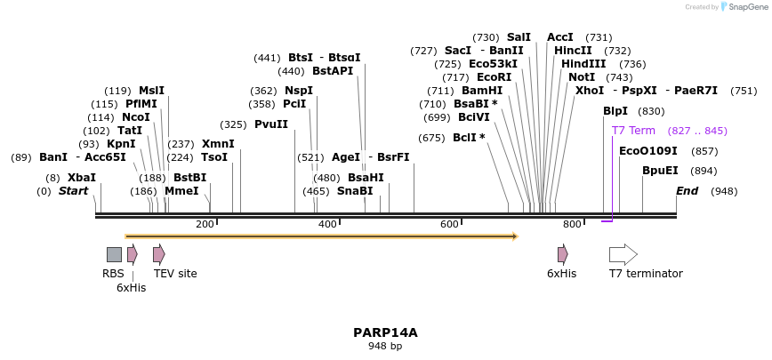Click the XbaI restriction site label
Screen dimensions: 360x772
[x=81, y=178]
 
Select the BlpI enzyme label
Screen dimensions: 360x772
[x=615, y=111]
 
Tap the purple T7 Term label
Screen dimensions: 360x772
[x=633, y=131]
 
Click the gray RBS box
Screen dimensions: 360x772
[x=114, y=254]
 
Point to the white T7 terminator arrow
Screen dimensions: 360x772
[x=623, y=254]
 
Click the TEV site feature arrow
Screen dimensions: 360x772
[x=158, y=254]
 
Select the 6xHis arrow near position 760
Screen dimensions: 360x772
[x=562, y=254]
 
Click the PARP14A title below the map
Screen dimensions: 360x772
[x=385, y=332]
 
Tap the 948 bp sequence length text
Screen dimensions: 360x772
[x=385, y=347]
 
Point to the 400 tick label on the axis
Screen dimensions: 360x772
[x=327, y=224]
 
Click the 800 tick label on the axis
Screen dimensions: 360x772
[x=572, y=224]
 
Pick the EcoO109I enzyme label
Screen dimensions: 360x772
[x=647, y=151]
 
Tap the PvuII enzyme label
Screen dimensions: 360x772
[x=271, y=124]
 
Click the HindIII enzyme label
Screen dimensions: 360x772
[x=583, y=64]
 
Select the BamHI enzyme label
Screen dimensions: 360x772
[x=482, y=91]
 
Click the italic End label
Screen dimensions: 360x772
[x=687, y=191]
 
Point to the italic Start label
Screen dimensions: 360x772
[x=73, y=191]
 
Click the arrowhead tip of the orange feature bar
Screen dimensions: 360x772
[x=516, y=236]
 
